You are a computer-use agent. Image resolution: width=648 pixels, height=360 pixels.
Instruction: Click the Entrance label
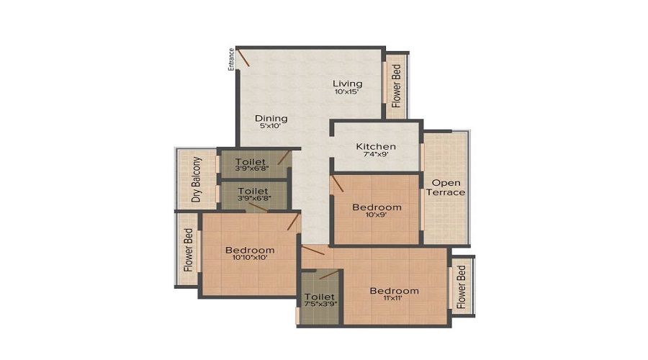coord(232,60)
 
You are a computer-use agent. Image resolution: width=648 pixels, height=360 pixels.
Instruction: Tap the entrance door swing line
coord(243,58)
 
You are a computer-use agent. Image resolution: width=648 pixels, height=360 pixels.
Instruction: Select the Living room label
coord(348,84)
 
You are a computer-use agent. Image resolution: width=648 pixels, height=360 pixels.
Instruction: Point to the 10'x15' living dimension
coord(346,91)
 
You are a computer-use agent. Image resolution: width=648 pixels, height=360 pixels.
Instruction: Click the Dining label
coord(271,118)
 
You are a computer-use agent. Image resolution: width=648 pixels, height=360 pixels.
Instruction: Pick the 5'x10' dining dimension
coord(270,126)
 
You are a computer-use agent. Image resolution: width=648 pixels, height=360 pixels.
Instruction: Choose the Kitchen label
coord(376,146)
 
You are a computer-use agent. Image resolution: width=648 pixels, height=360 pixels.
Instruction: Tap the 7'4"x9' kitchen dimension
coord(376,154)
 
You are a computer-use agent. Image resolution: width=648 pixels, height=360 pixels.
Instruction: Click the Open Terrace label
coord(446,188)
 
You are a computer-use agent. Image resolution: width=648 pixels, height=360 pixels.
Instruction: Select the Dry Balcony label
coord(197,179)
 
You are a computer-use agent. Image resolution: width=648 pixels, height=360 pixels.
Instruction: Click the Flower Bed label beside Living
coord(396,86)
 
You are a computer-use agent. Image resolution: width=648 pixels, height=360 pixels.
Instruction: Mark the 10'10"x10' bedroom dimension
coord(250,258)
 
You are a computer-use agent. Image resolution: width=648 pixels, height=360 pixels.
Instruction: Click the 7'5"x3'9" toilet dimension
coord(320,304)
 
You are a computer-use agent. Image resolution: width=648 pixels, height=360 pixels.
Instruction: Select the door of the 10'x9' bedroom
coord(337,184)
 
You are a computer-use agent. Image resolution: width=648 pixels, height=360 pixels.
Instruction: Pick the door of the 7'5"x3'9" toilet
coord(329,275)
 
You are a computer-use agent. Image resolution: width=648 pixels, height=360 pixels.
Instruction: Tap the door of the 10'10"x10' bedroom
coord(293,222)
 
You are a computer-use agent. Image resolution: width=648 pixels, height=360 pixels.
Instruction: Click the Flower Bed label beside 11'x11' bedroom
coord(462,287)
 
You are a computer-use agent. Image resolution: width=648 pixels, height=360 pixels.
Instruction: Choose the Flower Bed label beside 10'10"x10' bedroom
coord(189,250)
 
